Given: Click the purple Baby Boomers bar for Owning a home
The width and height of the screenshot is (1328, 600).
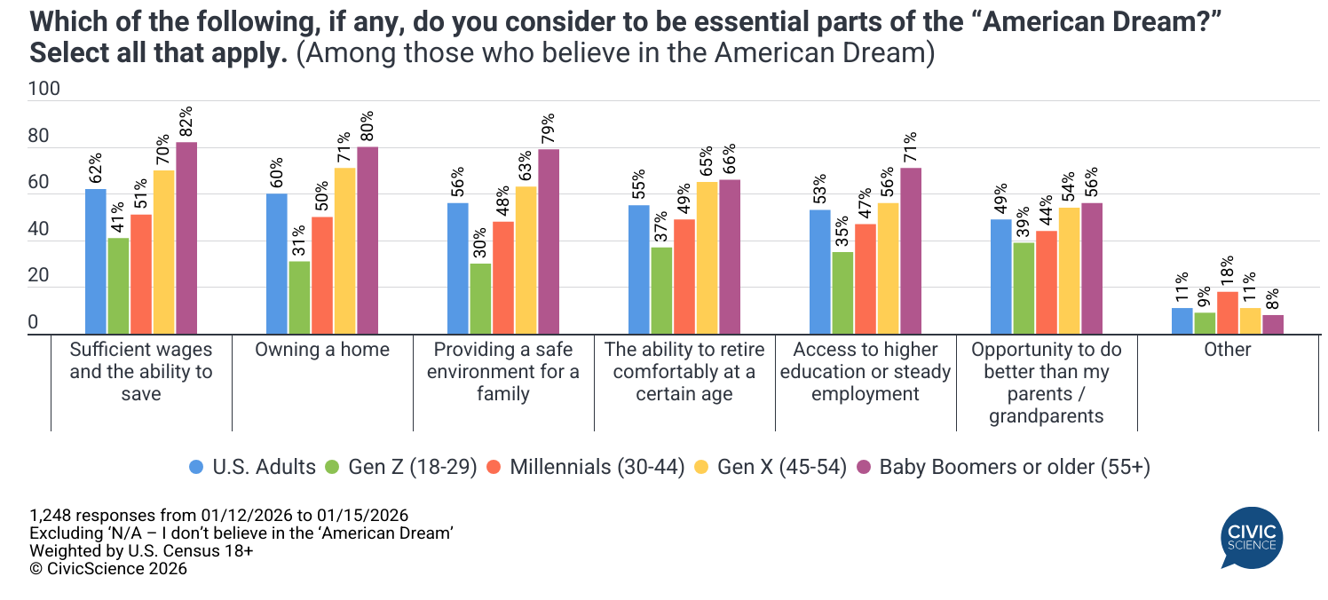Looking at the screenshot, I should click(368, 241).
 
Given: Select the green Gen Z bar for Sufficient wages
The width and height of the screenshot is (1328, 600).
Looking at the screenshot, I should click(119, 286).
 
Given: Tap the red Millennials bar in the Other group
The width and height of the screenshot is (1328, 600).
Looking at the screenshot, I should click(1228, 312).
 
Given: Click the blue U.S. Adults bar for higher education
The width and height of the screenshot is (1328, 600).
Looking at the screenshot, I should click(820, 272).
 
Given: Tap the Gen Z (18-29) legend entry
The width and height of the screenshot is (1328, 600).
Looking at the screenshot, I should click(403, 467).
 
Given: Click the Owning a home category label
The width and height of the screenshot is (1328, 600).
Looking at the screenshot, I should click(322, 350).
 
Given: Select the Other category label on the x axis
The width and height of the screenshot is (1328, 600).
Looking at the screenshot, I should click(1228, 350).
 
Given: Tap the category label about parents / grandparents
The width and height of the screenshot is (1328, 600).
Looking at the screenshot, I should click(1047, 383).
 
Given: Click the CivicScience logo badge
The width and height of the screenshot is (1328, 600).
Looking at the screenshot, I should click(1251, 536).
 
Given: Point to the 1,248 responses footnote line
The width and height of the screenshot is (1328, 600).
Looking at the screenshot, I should click(218, 516).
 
